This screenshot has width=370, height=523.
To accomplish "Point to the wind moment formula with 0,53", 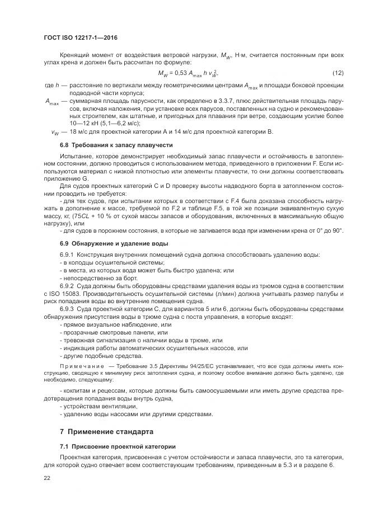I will [188, 74].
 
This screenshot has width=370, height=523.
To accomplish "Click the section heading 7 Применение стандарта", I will [106, 432].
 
